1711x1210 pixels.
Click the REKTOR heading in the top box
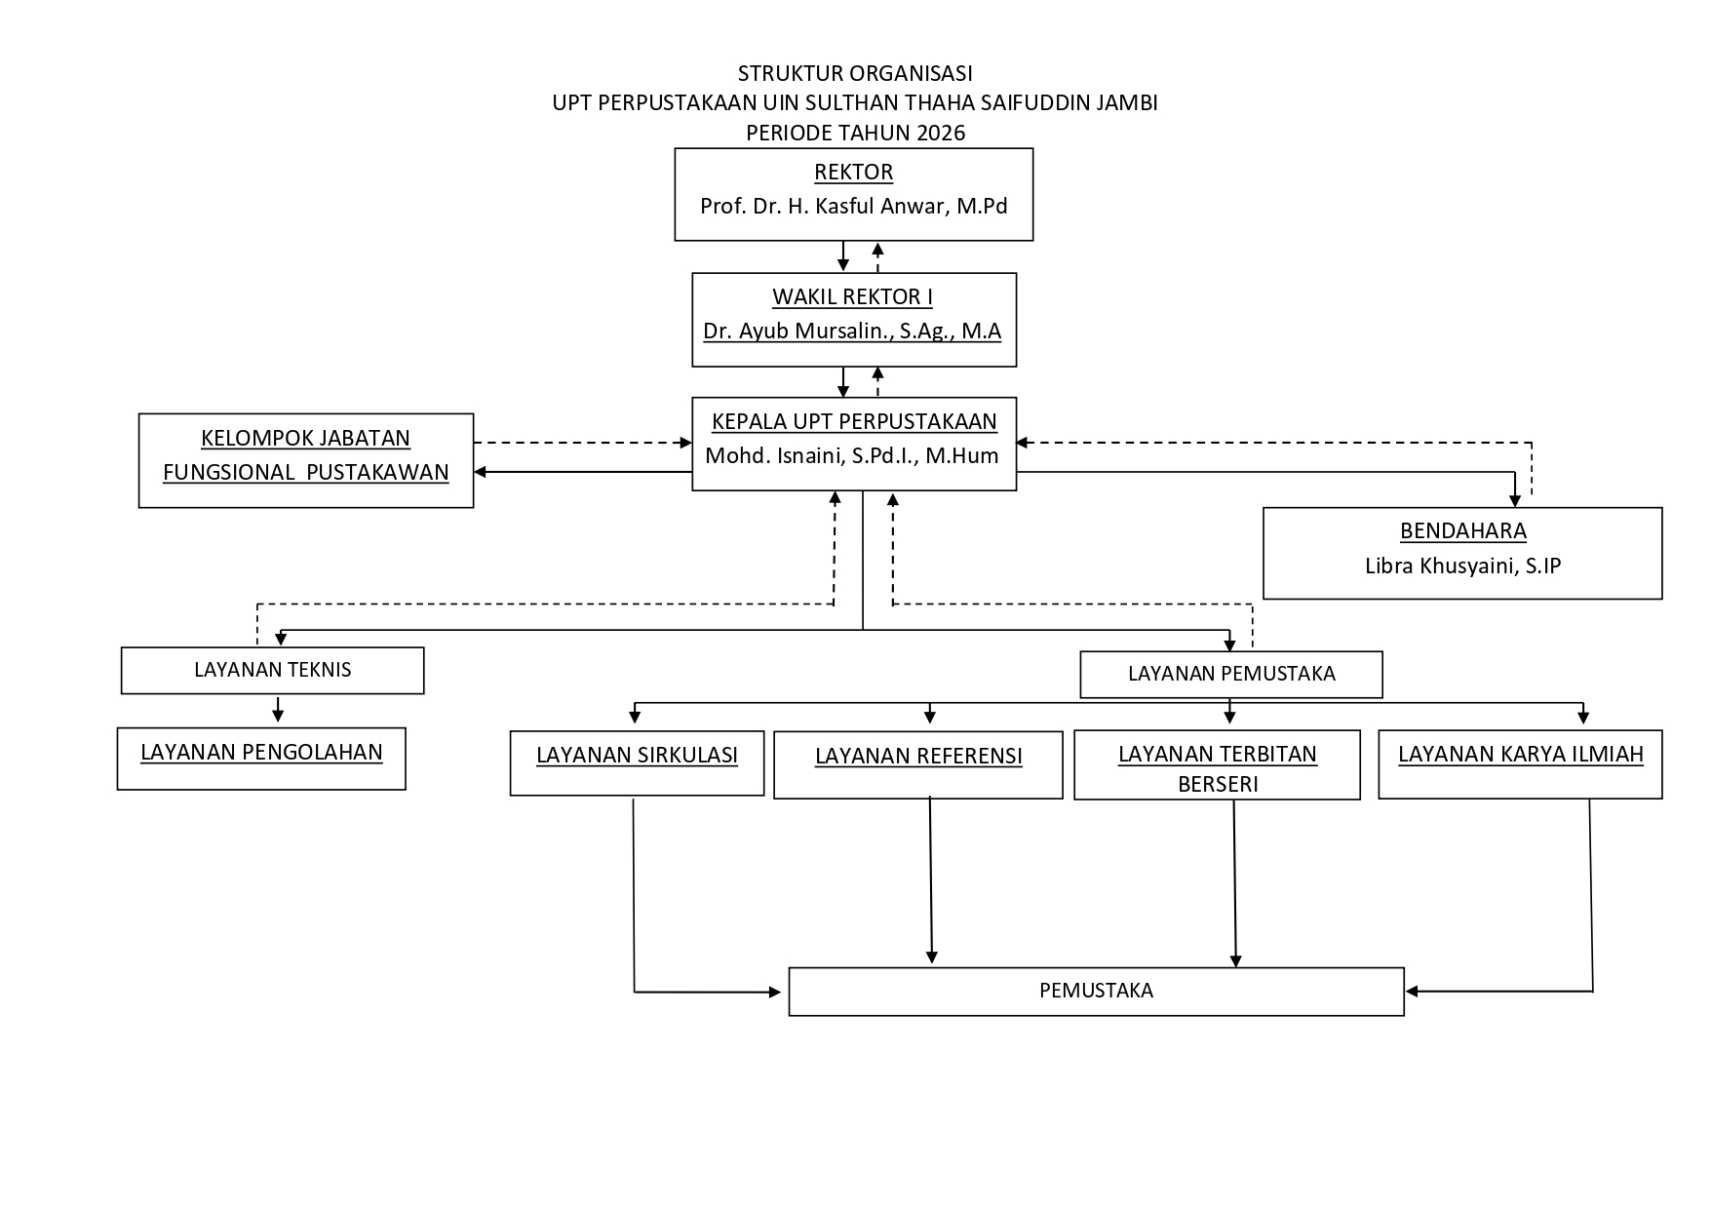(853, 173)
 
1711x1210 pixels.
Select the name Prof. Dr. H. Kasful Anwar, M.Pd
(853, 207)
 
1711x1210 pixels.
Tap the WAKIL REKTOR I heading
(852, 297)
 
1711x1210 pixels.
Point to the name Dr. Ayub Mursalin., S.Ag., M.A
(852, 332)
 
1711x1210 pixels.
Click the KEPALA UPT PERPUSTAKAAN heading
(854, 421)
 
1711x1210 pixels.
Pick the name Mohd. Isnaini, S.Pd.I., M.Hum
(852, 455)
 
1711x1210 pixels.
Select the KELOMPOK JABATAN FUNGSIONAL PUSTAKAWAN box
(306, 460)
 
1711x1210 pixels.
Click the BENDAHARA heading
(1462, 531)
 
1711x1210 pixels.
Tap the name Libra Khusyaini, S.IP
(1462, 566)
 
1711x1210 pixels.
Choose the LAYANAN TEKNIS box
(273, 670)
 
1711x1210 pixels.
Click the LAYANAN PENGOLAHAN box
(261, 759)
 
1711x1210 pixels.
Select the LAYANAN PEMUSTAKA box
(1231, 675)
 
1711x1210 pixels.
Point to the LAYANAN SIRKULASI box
(637, 762)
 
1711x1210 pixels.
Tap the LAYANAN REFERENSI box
(918, 765)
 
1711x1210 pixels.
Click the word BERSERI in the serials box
(1218, 784)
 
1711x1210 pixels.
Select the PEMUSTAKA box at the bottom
(1096, 992)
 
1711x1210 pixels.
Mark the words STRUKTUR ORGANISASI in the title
(855, 73)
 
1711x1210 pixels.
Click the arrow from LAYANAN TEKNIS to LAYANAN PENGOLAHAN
(278, 709)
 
